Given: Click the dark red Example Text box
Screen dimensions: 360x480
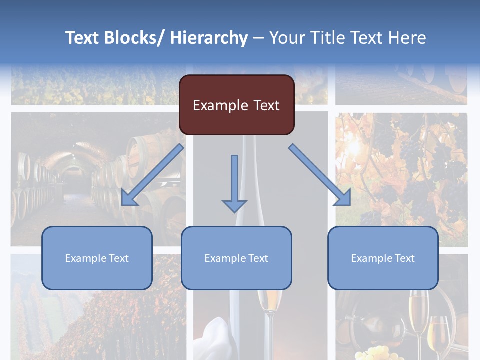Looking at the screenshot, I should tap(236, 105).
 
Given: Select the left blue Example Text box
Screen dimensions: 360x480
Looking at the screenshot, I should tap(97, 258).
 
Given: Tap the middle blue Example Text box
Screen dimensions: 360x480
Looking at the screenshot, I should tap(236, 258).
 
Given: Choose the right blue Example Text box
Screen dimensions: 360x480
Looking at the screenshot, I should tap(383, 258).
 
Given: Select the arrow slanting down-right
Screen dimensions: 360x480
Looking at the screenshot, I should tap(320, 175).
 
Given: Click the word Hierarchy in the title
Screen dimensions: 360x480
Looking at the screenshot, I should tap(209, 38).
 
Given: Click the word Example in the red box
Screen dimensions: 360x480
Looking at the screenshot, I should tap(220, 105).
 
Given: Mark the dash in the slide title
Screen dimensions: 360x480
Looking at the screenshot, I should tap(258, 38).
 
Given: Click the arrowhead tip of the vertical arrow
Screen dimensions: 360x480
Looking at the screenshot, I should tap(234, 211).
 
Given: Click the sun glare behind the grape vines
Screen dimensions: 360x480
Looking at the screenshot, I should tap(356, 146).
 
